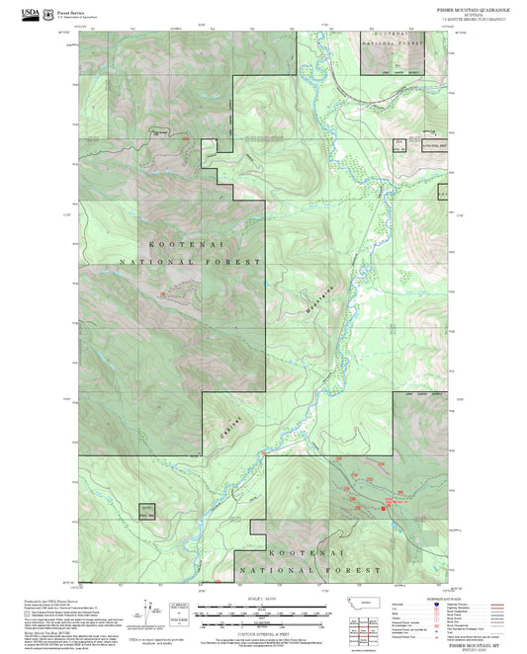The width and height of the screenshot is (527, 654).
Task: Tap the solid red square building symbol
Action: pyautogui.click(x=384, y=508)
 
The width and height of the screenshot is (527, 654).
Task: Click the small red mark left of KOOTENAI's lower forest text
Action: pyautogui.click(x=162, y=293)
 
